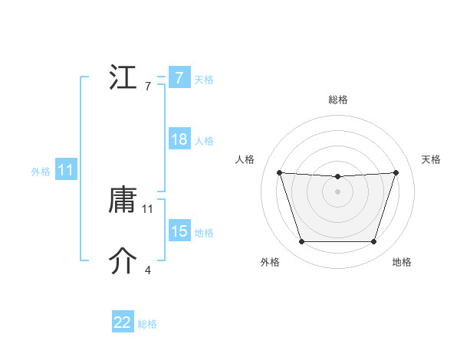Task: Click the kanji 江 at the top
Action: click(123, 77)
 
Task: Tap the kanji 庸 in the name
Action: click(123, 201)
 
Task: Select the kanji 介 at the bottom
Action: click(123, 261)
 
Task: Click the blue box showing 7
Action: click(179, 77)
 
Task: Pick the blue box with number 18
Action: click(179, 139)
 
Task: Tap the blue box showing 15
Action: click(179, 231)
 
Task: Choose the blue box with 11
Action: click(65, 171)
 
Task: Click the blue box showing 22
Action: click(123, 322)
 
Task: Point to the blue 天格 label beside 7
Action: click(203, 79)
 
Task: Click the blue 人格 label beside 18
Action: click(203, 141)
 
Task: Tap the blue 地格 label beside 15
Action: click(203, 233)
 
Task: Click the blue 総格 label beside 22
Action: click(147, 324)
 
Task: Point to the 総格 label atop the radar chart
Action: click(338, 100)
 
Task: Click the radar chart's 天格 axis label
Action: click(432, 159)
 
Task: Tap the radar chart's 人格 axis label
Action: click(245, 159)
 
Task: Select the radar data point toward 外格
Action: click(301, 242)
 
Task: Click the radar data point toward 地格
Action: click(374, 242)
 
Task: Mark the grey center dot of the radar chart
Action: click(337, 191)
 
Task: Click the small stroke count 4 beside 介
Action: click(147, 270)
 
